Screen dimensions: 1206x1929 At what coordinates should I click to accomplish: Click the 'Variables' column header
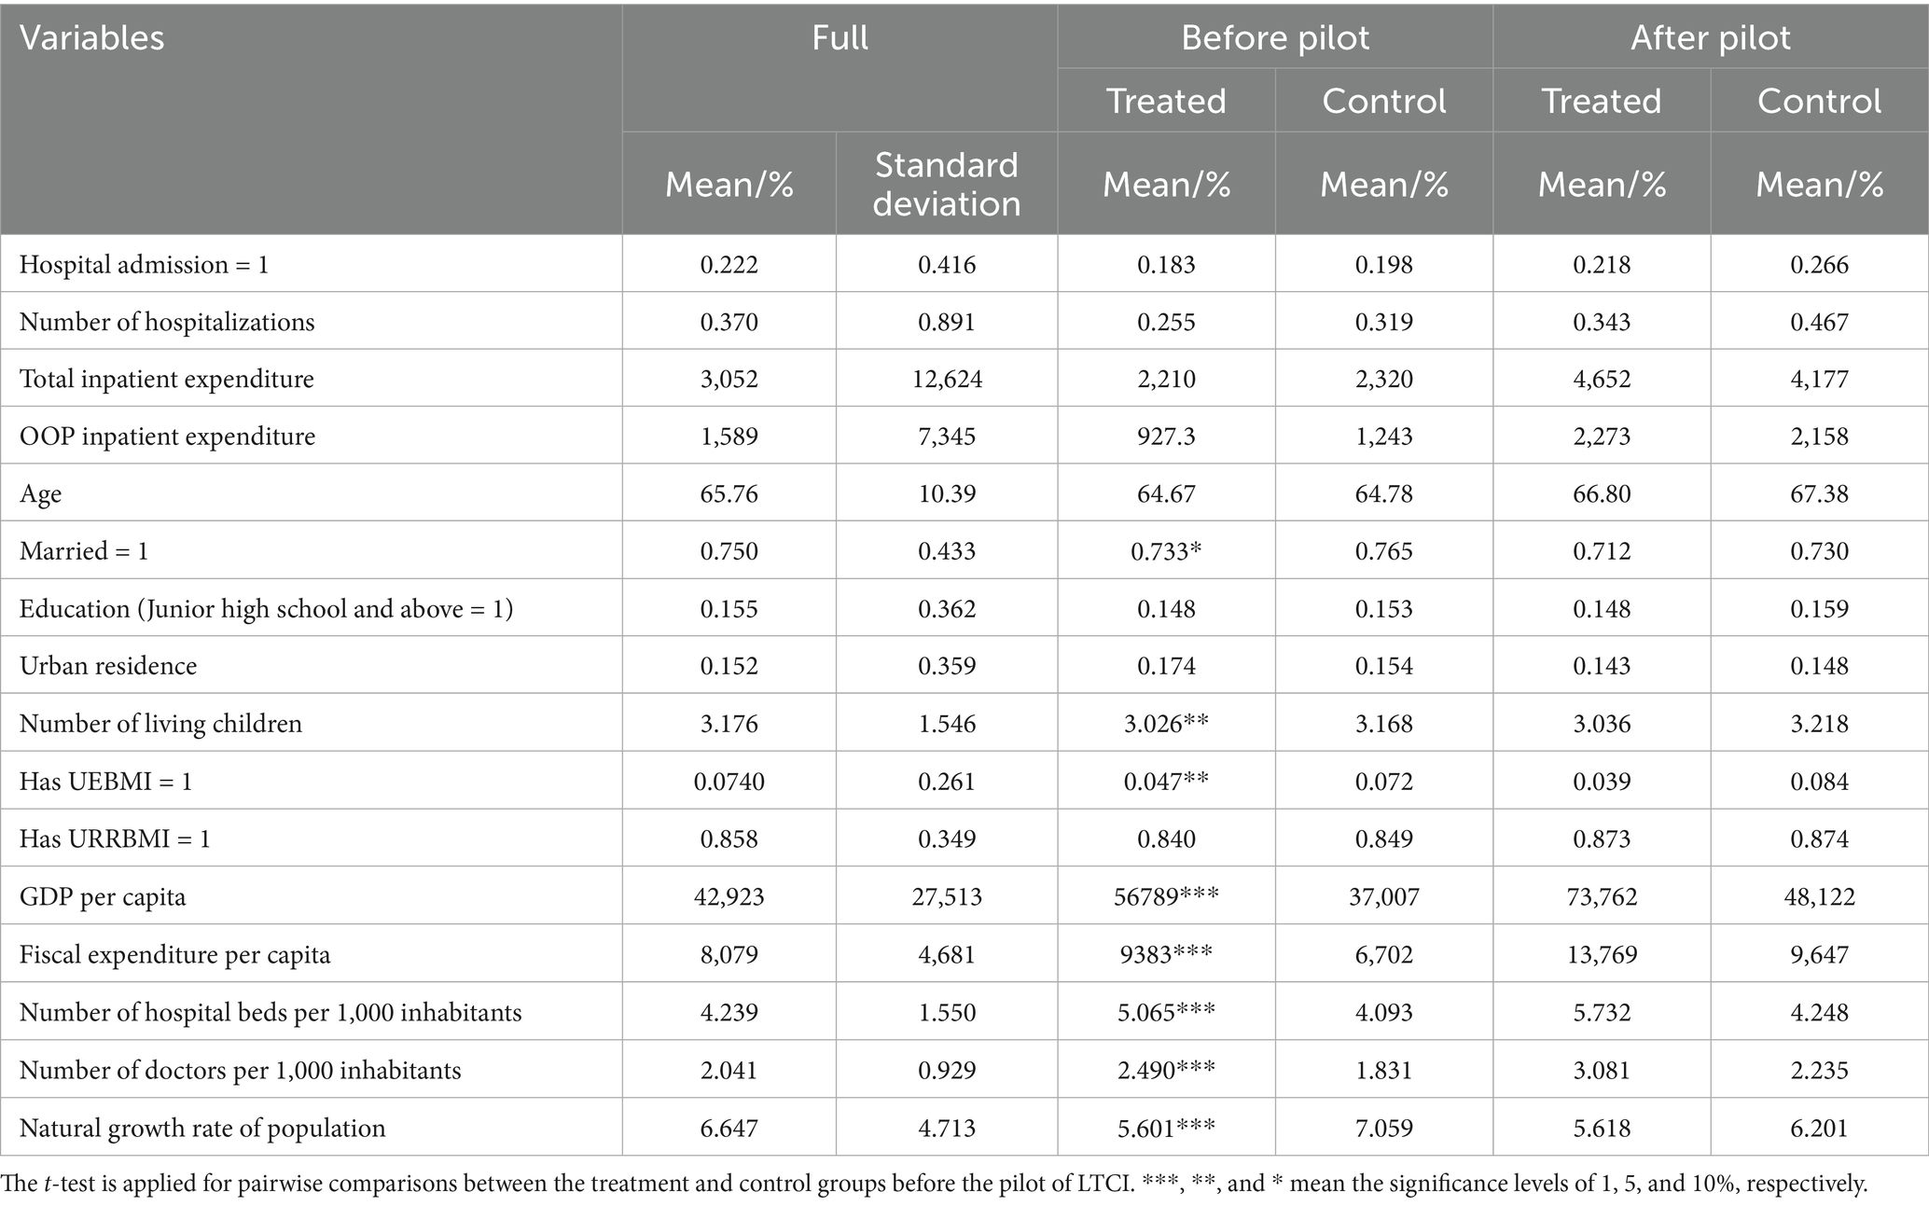pos(92,38)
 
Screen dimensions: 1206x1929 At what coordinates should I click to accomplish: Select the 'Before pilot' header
pos(1275,38)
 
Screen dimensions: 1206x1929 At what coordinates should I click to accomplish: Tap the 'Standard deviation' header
pos(946,184)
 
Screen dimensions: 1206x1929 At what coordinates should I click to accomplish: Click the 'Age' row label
pos(41,493)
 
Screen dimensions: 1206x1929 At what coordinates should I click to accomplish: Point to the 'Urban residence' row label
pos(108,666)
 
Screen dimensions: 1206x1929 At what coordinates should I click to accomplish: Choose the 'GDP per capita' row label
pos(103,897)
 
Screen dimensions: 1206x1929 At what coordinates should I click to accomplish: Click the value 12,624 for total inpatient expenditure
pos(947,379)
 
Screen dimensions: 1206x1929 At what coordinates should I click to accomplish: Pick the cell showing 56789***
pos(1166,897)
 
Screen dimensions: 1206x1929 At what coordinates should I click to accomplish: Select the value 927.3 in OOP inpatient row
pos(1166,437)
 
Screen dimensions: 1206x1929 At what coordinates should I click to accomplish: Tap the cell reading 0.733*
pos(1166,551)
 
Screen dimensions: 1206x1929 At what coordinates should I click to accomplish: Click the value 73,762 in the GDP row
pos(1602,897)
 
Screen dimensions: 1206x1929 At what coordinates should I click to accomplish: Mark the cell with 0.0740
pos(729,782)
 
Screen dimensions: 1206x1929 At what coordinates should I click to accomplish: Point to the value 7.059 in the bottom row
pos(1384,1129)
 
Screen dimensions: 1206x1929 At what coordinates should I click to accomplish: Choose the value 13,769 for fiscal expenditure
pos(1602,955)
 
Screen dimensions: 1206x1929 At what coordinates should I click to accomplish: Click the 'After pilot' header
pos(1711,38)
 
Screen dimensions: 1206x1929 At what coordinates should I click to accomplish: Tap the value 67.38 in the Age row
pos(1819,493)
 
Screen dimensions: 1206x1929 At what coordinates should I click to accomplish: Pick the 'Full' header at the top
pos(840,38)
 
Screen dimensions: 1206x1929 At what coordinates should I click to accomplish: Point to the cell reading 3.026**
pos(1166,724)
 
